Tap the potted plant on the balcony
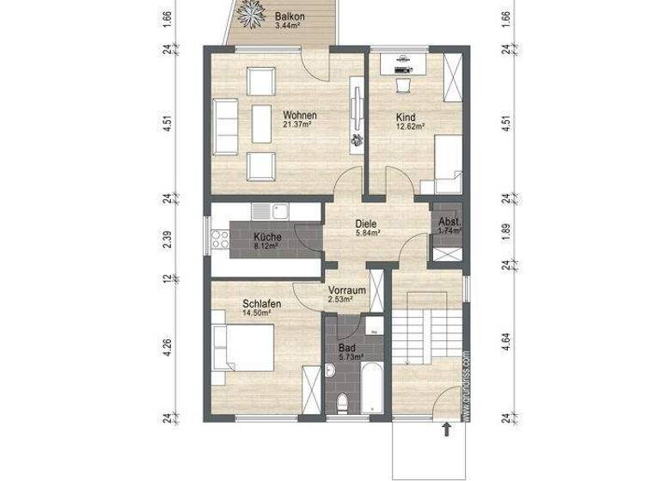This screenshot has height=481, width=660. coord(254,12)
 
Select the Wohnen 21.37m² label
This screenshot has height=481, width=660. coord(299,119)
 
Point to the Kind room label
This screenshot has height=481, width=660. coord(406,119)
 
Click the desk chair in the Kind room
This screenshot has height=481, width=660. coord(402,83)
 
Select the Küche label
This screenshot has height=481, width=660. coord(266,240)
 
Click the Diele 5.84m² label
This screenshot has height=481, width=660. coord(367,230)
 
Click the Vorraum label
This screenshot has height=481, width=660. coord(348,294)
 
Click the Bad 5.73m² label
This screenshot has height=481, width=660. coord(349,351)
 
